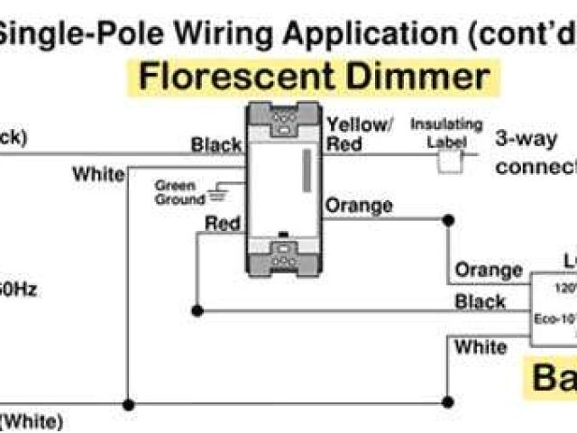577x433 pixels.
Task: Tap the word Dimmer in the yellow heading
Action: pyautogui.click(x=417, y=77)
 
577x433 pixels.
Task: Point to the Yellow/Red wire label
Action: pyautogui.click(x=358, y=134)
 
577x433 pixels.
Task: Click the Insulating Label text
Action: pyautogui.click(x=446, y=131)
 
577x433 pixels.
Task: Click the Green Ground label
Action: pyautogui.click(x=179, y=192)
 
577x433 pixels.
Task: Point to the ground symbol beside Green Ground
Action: pyautogui.click(x=215, y=192)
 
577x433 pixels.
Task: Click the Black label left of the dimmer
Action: pyautogui.click(x=215, y=145)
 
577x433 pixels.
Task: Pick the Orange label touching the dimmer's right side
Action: pyautogui.click(x=358, y=206)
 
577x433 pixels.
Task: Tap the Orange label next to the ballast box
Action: pyautogui.click(x=488, y=270)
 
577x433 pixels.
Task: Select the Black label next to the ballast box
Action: pyautogui.click(x=480, y=301)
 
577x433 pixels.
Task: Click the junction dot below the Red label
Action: pyautogui.click(x=199, y=311)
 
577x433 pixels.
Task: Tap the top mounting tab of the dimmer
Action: pyautogui.click(x=282, y=121)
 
